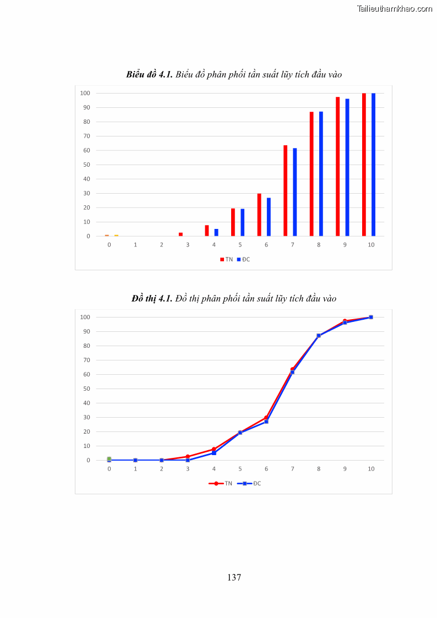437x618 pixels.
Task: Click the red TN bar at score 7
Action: click(x=286, y=190)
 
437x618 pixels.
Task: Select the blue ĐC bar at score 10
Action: click(x=373, y=165)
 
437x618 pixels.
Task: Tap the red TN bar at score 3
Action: click(x=181, y=234)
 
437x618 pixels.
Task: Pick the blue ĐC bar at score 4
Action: click(x=216, y=233)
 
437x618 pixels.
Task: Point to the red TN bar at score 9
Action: click(x=338, y=166)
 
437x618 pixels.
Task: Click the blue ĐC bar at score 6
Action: click(x=269, y=217)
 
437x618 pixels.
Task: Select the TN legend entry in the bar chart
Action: click(x=226, y=259)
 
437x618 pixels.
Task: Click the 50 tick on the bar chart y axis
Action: click(x=85, y=165)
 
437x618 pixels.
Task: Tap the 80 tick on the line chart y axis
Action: click(x=85, y=346)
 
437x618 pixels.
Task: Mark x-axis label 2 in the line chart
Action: click(x=161, y=468)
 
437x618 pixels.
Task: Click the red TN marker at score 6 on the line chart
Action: click(x=266, y=417)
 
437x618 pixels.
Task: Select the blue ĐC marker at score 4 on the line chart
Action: click(x=214, y=453)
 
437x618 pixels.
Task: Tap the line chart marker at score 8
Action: click(x=319, y=336)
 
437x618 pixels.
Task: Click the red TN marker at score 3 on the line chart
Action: click(x=188, y=456)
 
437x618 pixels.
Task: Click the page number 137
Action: click(x=234, y=577)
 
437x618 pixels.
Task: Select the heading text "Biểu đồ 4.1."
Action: click(x=149, y=74)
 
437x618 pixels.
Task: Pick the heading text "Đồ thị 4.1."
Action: click(x=152, y=298)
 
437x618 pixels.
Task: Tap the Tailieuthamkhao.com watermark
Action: click(x=394, y=8)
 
